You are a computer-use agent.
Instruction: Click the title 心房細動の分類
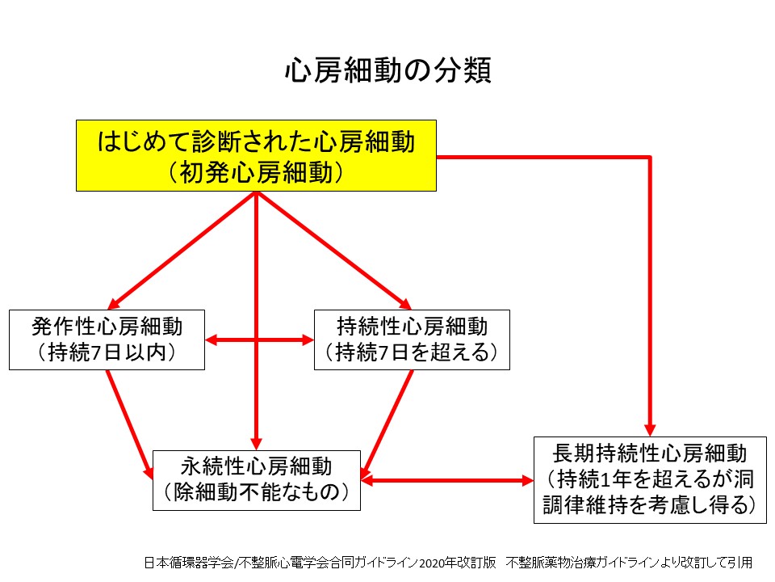pyautogui.click(x=388, y=70)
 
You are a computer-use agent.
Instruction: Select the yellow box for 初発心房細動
pyautogui.click(x=256, y=155)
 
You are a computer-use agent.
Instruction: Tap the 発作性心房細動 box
pyautogui.click(x=107, y=339)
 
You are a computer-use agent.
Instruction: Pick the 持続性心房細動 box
pyautogui.click(x=412, y=339)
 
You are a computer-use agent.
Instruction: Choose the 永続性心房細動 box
pyautogui.click(x=257, y=480)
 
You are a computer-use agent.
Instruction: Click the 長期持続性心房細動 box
pyautogui.click(x=650, y=479)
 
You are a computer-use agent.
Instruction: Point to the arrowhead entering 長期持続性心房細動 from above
pyautogui.click(x=651, y=430)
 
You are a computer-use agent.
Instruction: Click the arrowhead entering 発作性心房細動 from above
pyautogui.click(x=114, y=303)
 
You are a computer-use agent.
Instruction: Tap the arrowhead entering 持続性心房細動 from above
pyautogui.click(x=405, y=303)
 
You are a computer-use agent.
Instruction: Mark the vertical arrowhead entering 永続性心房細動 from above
pyautogui.click(x=256, y=444)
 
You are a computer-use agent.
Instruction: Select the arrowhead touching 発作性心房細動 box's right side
pyautogui.click(x=211, y=340)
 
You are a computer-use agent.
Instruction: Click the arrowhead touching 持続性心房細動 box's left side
pyautogui.click(x=308, y=340)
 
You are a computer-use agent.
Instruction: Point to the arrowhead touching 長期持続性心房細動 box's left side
pyautogui.click(x=527, y=480)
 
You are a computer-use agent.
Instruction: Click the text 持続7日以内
pyautogui.click(x=107, y=352)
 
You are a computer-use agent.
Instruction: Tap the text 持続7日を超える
pyautogui.click(x=412, y=352)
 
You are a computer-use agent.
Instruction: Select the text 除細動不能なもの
pyautogui.click(x=257, y=492)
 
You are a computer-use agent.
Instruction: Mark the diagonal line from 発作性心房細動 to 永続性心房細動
pyautogui.click(x=129, y=424)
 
